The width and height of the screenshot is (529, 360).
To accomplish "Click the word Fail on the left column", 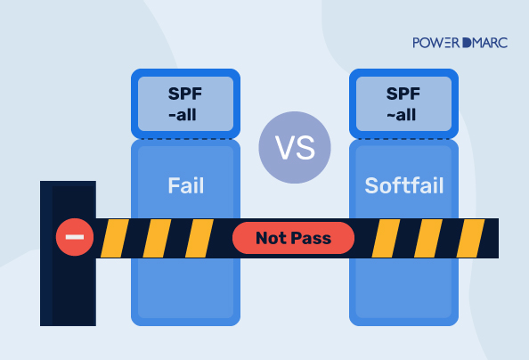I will pyautogui.click(x=186, y=186).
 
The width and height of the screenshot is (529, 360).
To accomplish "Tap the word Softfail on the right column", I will pyautogui.click(x=403, y=186).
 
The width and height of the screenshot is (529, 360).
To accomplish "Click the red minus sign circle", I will pyautogui.click(x=74, y=238).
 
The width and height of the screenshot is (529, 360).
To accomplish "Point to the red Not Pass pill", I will pyautogui.click(x=293, y=238).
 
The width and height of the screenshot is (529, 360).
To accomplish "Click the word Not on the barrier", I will pyautogui.click(x=272, y=238).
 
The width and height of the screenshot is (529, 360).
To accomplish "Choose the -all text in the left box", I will pyautogui.click(x=186, y=114).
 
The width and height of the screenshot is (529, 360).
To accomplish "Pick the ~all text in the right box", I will pyautogui.click(x=403, y=114).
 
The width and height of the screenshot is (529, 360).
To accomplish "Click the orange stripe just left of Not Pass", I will pyautogui.click(x=200, y=238).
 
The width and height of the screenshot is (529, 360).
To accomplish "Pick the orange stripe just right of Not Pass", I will pyautogui.click(x=386, y=238).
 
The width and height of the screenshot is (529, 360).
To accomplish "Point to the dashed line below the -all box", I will pyautogui.click(x=186, y=138).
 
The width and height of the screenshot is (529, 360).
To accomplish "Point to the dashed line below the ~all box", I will pyautogui.click(x=403, y=138).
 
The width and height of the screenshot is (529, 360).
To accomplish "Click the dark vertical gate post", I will pyautogui.click(x=68, y=294).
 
